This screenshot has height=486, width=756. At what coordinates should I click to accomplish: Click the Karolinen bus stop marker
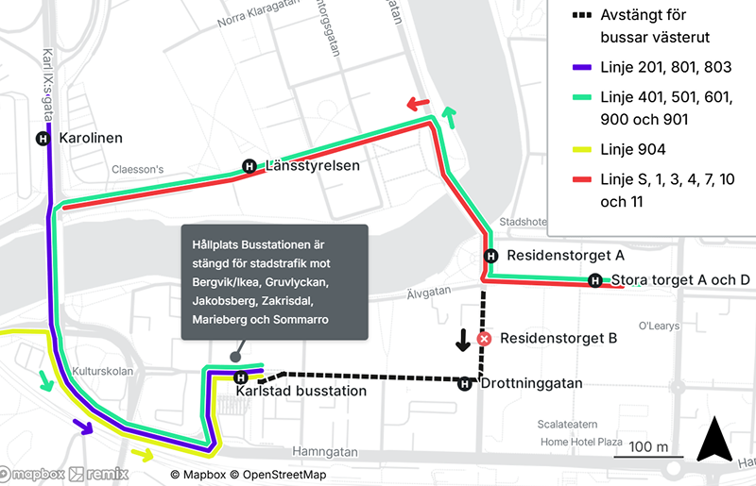(x=43, y=138)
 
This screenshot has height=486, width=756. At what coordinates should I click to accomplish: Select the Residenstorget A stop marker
(x=490, y=256)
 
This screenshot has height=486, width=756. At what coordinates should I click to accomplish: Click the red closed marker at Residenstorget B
(x=484, y=338)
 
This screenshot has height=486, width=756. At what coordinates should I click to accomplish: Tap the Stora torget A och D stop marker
(x=595, y=279)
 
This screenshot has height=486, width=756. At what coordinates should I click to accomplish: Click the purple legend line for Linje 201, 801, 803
(x=582, y=69)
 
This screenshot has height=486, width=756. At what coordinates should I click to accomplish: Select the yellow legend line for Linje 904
(x=582, y=149)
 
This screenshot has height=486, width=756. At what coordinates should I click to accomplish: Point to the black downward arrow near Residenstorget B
(x=463, y=340)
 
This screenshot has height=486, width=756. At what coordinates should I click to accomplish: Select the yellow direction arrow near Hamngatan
(x=143, y=455)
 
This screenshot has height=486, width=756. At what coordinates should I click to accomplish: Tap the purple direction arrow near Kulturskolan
(x=83, y=427)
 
